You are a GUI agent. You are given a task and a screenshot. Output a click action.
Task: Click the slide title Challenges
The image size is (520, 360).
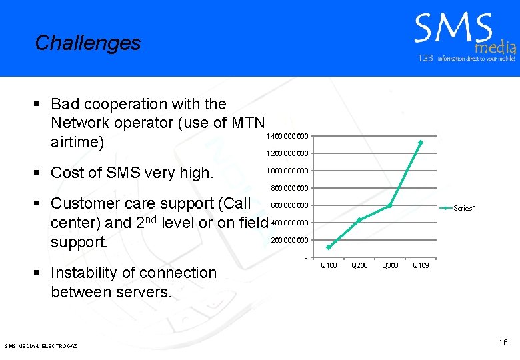click(x=88, y=43)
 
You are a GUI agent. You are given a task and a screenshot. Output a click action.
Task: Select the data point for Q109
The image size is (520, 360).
click(x=420, y=143)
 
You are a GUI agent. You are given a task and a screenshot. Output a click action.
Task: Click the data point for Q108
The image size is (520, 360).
click(x=329, y=247)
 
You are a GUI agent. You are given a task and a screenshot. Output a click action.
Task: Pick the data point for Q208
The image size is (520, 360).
click(x=359, y=220)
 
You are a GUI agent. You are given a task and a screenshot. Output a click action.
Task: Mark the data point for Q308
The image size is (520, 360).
click(x=389, y=205)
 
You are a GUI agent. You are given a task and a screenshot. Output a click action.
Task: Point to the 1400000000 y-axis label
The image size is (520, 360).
click(x=287, y=137)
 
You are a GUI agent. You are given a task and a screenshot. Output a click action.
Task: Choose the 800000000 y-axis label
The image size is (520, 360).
click(x=289, y=188)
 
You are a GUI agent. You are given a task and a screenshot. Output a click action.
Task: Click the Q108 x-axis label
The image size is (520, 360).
click(x=329, y=266)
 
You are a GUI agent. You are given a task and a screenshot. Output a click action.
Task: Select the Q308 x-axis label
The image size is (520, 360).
click(x=390, y=266)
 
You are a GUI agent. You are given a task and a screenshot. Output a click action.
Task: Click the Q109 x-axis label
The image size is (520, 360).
click(x=421, y=266)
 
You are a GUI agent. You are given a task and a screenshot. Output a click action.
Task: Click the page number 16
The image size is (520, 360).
click(x=503, y=343)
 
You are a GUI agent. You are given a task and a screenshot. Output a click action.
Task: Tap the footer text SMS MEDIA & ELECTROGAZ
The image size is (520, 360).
click(x=41, y=346)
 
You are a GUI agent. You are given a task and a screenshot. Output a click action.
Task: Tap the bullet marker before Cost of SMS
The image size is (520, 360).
click(x=38, y=173)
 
